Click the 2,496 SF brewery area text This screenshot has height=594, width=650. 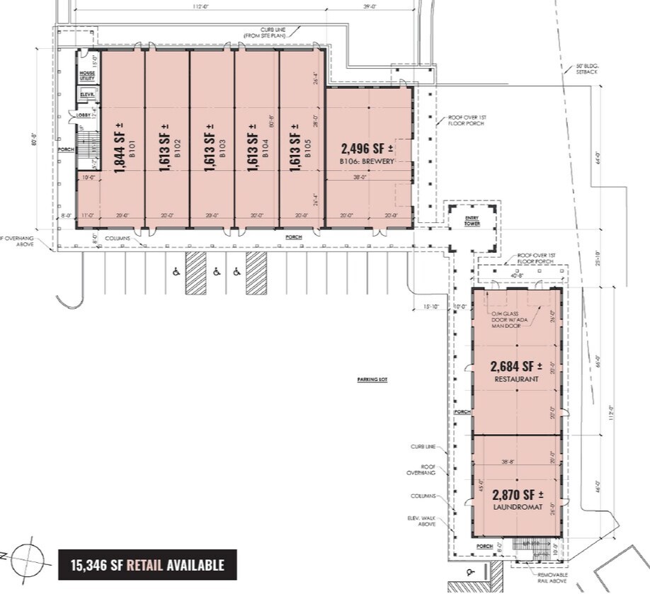tap(367, 149)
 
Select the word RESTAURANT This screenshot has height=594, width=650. tap(515, 379)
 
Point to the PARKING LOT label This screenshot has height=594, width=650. tap(373, 379)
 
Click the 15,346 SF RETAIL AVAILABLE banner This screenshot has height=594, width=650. tap(147, 565)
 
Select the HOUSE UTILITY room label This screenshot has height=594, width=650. tap(87, 76)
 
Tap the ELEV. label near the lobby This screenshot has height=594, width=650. tap(88, 94)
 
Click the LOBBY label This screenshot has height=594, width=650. tap(82, 115)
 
